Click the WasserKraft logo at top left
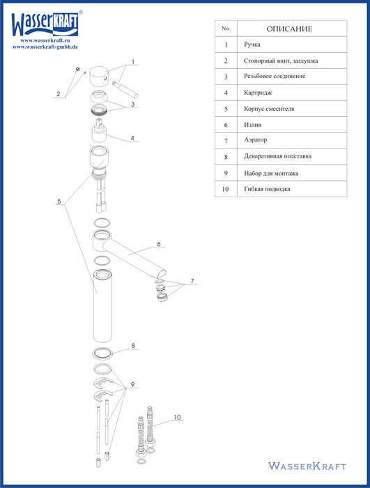46,24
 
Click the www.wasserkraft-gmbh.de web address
45,47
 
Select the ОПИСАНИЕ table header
289,29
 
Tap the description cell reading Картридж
258,93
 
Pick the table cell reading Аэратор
256,140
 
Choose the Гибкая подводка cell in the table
267,189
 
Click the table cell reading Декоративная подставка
277,156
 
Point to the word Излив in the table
252,125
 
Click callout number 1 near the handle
133,62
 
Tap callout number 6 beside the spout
159,244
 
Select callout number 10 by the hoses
177,418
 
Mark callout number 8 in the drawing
133,346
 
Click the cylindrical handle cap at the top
99,75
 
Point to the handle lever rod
125,90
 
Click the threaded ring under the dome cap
100,109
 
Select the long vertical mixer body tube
102,306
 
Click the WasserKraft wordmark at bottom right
307,466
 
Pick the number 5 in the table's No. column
226,109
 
